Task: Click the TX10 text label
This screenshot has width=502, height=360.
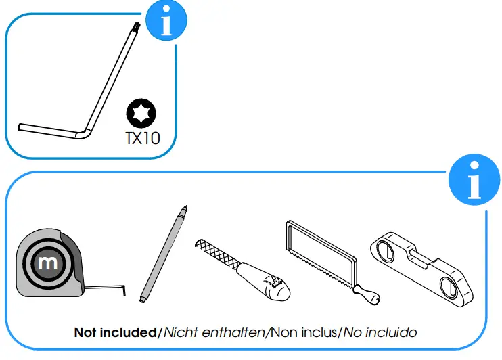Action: coord(143,139)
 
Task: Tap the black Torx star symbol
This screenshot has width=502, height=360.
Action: coord(143,113)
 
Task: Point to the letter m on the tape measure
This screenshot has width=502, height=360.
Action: coord(48,263)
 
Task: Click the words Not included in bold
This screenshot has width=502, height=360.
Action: coord(114,332)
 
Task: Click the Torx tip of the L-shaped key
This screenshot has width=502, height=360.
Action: coord(134,26)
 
